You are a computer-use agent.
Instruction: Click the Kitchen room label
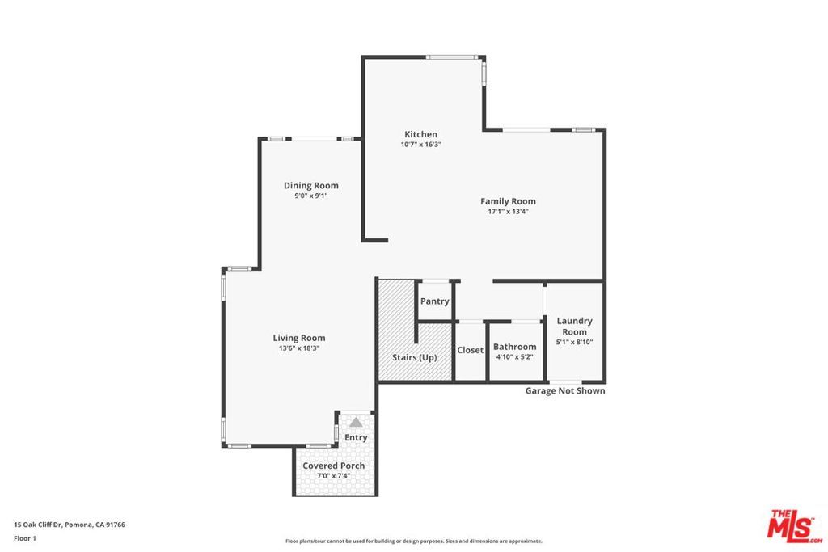(420, 134)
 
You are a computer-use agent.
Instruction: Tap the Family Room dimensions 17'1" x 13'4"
(508, 212)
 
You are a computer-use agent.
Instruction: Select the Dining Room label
(310, 186)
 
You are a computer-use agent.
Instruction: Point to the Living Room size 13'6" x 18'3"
(298, 348)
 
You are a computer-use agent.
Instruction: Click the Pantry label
(434, 301)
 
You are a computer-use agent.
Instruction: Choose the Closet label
(470, 350)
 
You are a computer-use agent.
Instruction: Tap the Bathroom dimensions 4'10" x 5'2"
(514, 356)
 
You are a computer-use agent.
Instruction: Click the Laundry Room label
(574, 327)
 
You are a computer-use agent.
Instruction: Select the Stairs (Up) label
(414, 357)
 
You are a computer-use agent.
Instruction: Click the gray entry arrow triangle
(356, 422)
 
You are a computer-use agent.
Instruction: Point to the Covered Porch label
(333, 466)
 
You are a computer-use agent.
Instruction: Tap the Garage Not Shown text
(565, 391)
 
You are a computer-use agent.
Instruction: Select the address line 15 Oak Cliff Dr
(70, 525)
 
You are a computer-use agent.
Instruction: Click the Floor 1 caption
(25, 537)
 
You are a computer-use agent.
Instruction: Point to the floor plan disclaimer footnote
(413, 541)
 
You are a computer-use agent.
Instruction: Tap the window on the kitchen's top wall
(452, 57)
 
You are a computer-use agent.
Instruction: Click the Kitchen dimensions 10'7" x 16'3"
(420, 145)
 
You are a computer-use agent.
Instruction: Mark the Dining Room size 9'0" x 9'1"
(310, 196)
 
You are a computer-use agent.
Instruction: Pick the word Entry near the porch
(356, 437)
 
